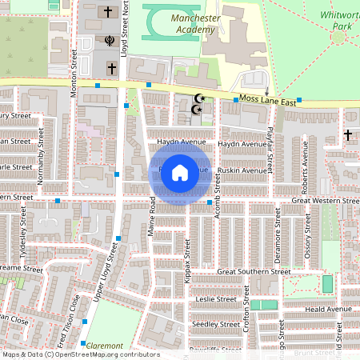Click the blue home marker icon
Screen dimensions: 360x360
click(180, 172)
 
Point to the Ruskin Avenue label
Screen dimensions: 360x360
click(245, 170)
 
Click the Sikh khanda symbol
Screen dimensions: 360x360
click(109, 40)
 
